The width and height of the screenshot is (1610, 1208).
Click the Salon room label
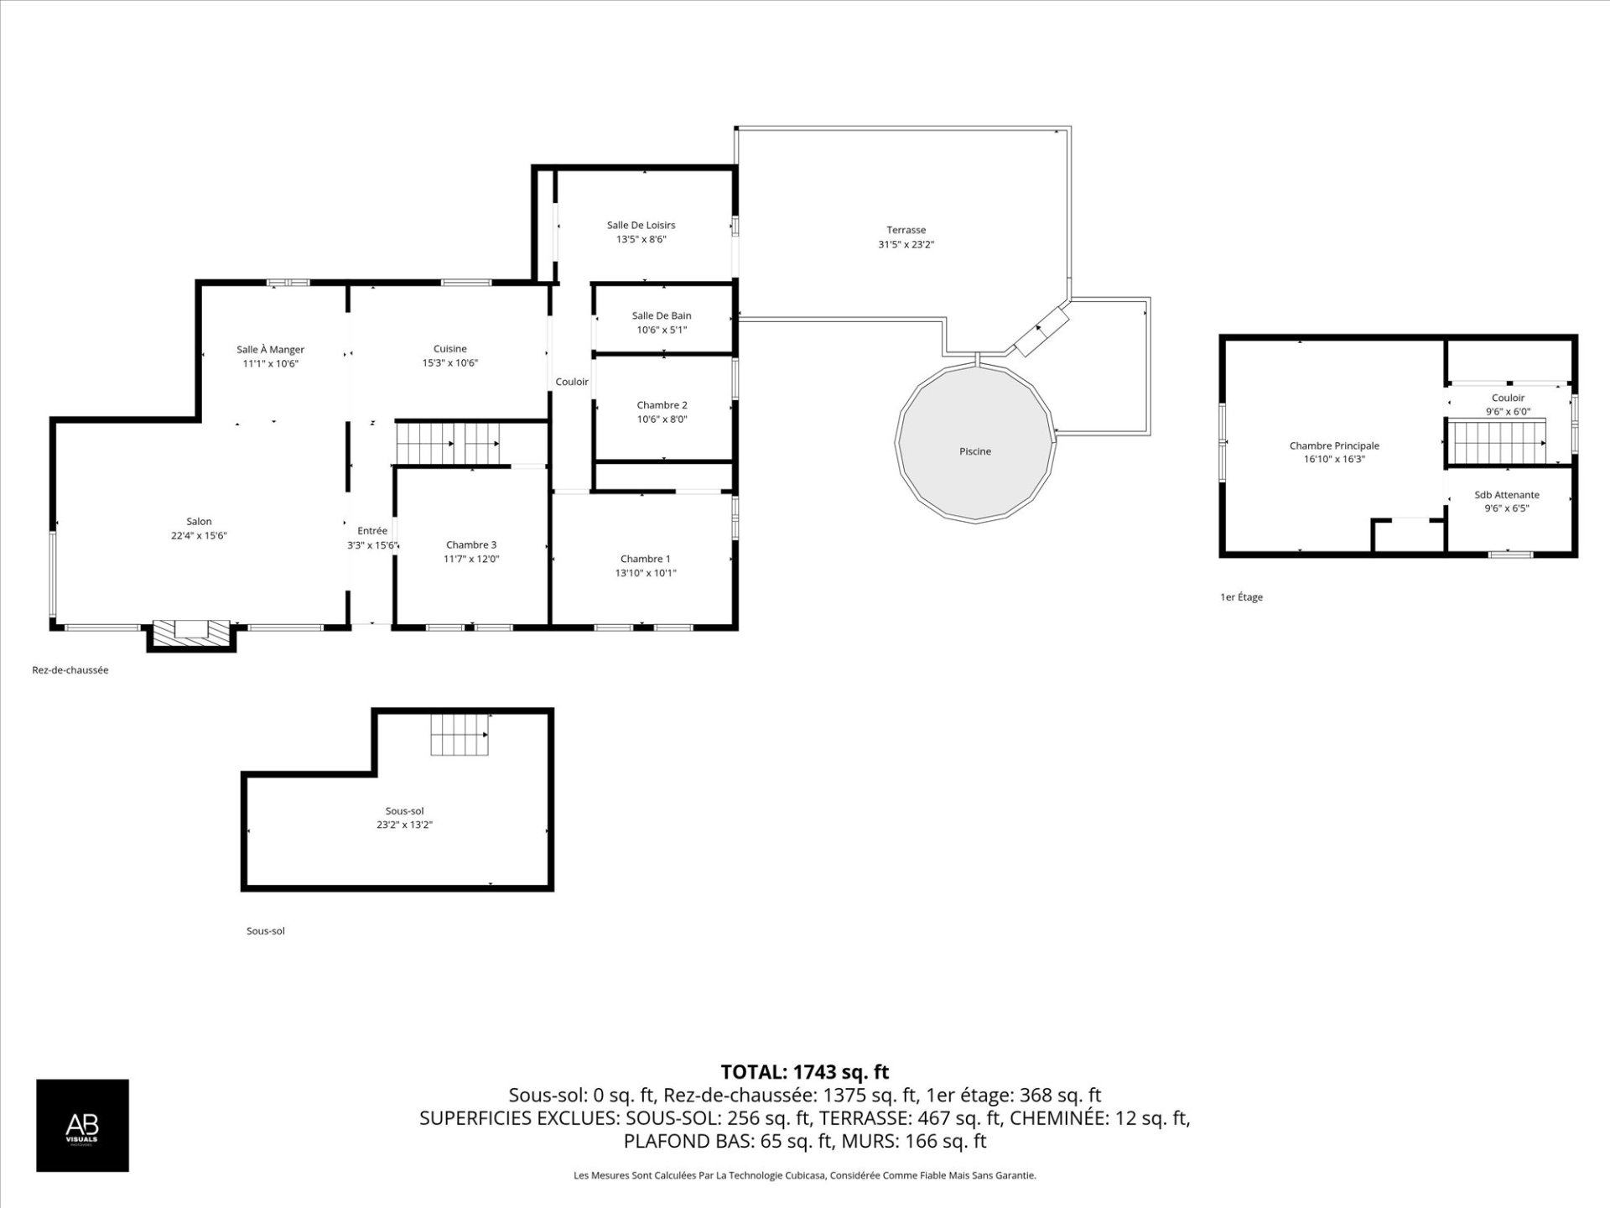[199, 521]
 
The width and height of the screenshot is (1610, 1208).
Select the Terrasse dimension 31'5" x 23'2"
[906, 245]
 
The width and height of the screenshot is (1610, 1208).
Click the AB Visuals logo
[82, 1125]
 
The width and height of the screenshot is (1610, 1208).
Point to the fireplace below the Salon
[191, 634]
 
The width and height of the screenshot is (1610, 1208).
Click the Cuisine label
[450, 349]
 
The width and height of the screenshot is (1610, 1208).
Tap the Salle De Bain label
[662, 315]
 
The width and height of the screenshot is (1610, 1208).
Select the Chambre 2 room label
[662, 405]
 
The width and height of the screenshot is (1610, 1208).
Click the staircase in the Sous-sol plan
[460, 734]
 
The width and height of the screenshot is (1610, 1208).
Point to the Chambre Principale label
[1334, 445]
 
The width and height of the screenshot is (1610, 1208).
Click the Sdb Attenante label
[1507, 495]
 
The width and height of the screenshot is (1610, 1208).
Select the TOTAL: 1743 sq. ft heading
[804, 1072]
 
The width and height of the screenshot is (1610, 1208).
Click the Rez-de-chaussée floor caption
[70, 670]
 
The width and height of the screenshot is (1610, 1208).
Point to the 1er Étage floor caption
[1241, 597]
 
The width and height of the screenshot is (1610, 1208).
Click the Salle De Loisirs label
[641, 225]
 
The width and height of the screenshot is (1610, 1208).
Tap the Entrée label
[372, 530]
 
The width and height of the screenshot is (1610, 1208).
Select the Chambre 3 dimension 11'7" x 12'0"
[471, 559]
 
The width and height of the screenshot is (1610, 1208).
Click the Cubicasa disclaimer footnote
[804, 1176]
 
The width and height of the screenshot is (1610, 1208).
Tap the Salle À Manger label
[270, 349]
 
